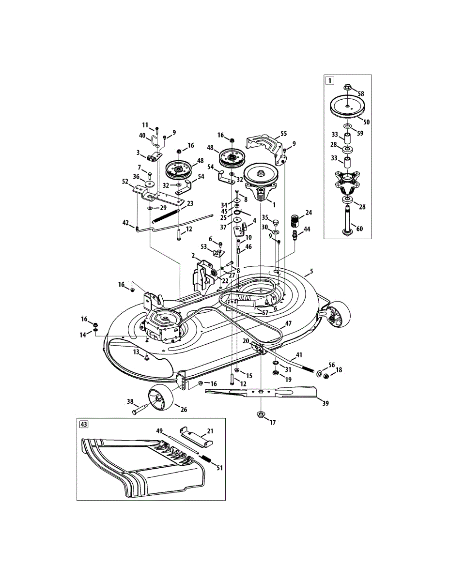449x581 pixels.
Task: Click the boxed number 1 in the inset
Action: coord(330,81)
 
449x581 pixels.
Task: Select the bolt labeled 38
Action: coord(140,409)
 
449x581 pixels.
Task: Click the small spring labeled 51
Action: coord(207,460)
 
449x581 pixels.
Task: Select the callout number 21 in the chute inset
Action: coord(210,430)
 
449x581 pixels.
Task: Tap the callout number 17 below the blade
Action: coord(273,423)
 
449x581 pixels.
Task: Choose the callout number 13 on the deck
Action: coord(136,352)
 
